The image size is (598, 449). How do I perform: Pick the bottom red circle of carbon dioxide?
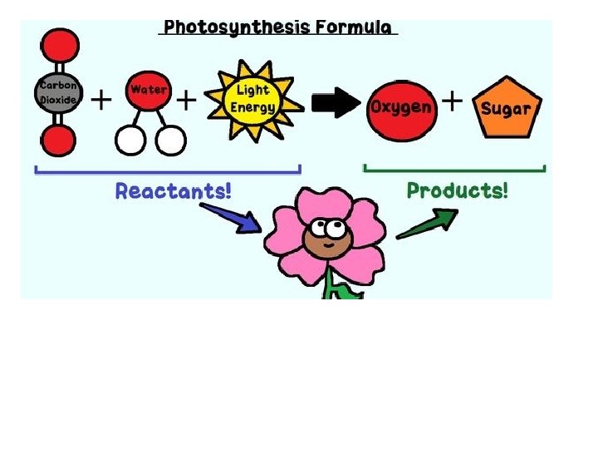tap(57, 141)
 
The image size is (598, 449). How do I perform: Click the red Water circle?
tap(148, 91)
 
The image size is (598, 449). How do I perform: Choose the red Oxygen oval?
tap(401, 106)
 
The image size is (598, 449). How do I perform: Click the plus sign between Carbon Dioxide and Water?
tap(101, 101)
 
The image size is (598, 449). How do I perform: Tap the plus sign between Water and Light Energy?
tap(188, 101)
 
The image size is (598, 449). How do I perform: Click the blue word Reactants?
tap(174, 191)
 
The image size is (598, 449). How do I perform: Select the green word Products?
tap(458, 190)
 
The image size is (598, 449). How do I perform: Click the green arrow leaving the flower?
tap(428, 224)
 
